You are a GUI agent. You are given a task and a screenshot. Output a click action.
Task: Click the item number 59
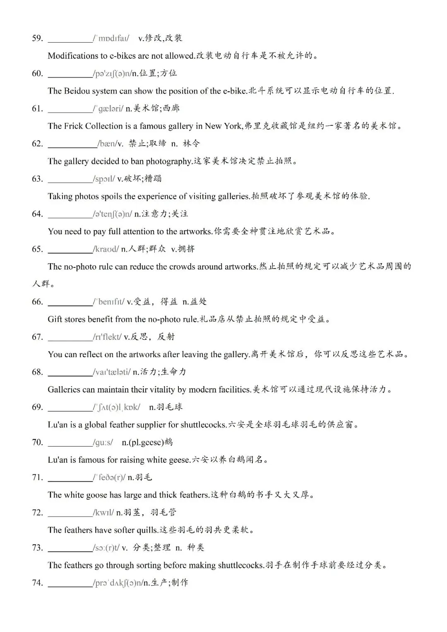pos(37,38)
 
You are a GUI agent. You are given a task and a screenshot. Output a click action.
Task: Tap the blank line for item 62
pos(72,146)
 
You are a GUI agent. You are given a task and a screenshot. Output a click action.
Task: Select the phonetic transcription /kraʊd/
pos(106,249)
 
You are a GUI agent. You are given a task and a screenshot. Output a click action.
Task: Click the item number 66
pos(37,302)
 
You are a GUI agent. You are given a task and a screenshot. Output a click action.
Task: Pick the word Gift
pos(55,320)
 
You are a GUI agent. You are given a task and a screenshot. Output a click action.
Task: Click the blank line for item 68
pos(70,375)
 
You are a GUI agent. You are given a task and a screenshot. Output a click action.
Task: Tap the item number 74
pos(37,583)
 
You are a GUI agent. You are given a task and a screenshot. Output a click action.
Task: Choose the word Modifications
pos(72,56)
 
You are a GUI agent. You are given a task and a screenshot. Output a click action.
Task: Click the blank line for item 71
pos(70,481)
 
